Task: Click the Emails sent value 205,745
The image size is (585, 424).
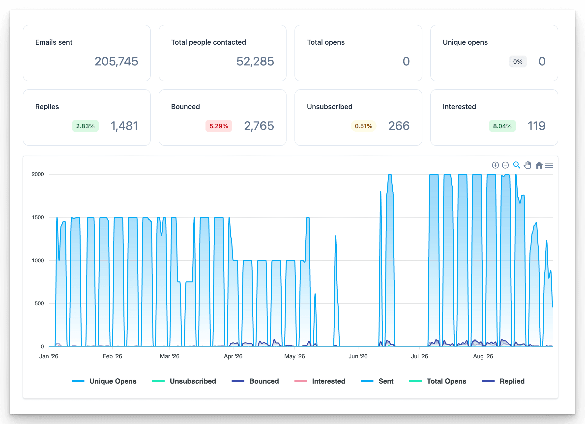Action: click(x=116, y=62)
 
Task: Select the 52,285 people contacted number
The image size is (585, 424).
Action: click(x=255, y=62)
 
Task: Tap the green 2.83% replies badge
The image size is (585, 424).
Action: click(x=85, y=126)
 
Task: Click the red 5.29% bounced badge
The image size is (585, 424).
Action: click(x=219, y=126)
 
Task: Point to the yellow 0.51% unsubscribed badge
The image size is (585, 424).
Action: click(x=363, y=126)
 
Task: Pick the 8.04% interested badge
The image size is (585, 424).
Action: click(x=502, y=126)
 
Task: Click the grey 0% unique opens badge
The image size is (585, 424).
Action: click(x=518, y=62)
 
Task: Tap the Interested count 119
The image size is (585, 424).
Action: click(x=536, y=126)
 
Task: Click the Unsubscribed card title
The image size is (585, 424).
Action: click(x=329, y=107)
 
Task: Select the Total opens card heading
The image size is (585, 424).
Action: click(x=326, y=42)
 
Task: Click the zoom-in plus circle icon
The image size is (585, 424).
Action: click(x=495, y=165)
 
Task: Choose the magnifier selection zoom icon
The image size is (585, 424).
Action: click(x=516, y=165)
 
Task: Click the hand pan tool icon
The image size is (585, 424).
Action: click(x=527, y=165)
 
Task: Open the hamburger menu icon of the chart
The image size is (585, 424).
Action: click(x=549, y=165)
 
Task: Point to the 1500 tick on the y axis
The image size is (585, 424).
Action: click(x=38, y=217)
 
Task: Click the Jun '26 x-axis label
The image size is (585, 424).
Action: click(x=358, y=356)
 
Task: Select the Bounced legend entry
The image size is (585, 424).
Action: click(x=255, y=381)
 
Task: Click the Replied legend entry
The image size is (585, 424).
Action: click(x=503, y=381)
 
